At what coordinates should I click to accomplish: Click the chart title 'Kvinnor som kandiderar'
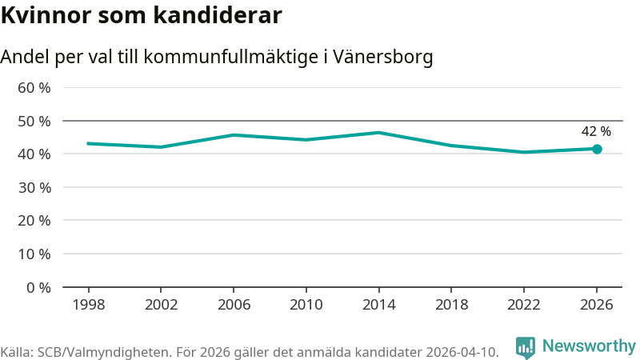pyautogui.click(x=141, y=15)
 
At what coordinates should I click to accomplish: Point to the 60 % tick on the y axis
pyautogui.click(x=34, y=87)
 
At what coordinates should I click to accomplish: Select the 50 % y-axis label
pyautogui.click(x=34, y=121)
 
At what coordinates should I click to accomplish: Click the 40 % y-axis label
pyautogui.click(x=34, y=154)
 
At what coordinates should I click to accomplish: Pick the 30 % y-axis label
pyautogui.click(x=34, y=187)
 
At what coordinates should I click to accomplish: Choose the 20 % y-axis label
pyautogui.click(x=34, y=220)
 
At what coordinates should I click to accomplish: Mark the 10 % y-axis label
pyautogui.click(x=34, y=254)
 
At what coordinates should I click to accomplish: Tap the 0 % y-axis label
pyautogui.click(x=38, y=287)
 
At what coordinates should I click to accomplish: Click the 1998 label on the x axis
pyautogui.click(x=88, y=305)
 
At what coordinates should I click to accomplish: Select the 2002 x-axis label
pyautogui.click(x=161, y=305)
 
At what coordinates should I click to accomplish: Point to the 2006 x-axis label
pyautogui.click(x=233, y=305)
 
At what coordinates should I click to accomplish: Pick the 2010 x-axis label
pyautogui.click(x=306, y=305)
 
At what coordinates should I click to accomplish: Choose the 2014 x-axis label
pyautogui.click(x=378, y=305)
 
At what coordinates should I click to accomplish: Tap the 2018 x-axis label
pyautogui.click(x=451, y=305)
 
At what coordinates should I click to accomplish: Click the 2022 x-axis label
pyautogui.click(x=523, y=305)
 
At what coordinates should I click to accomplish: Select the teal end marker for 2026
pyautogui.click(x=597, y=149)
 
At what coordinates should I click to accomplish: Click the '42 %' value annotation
pyautogui.click(x=596, y=132)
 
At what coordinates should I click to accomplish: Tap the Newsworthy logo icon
pyautogui.click(x=526, y=347)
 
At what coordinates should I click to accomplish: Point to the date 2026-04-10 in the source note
pyautogui.click(x=459, y=352)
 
